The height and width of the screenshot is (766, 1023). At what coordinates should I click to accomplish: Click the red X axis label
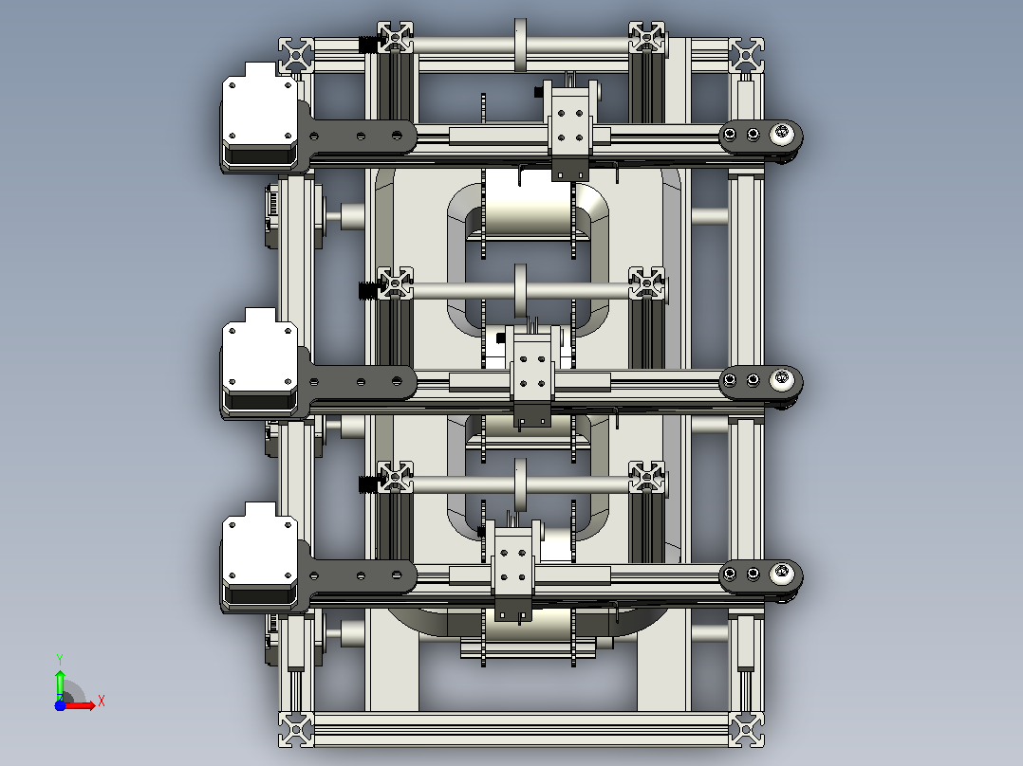tap(102, 702)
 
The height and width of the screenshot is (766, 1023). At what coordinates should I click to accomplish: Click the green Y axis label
tap(60, 659)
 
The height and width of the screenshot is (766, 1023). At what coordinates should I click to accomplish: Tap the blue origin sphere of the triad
tap(60, 705)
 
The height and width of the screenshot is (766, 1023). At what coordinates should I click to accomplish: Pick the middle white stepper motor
tap(260, 362)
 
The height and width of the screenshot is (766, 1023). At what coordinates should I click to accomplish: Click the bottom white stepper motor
tap(260, 556)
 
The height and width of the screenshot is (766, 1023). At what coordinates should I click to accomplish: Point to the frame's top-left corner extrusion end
tap(296, 55)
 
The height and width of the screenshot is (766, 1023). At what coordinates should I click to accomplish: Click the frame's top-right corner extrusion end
tap(746, 55)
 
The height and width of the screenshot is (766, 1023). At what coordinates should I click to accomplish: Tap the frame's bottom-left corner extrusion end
tap(296, 729)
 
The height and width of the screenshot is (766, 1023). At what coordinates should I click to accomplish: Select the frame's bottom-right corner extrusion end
tap(746, 729)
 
